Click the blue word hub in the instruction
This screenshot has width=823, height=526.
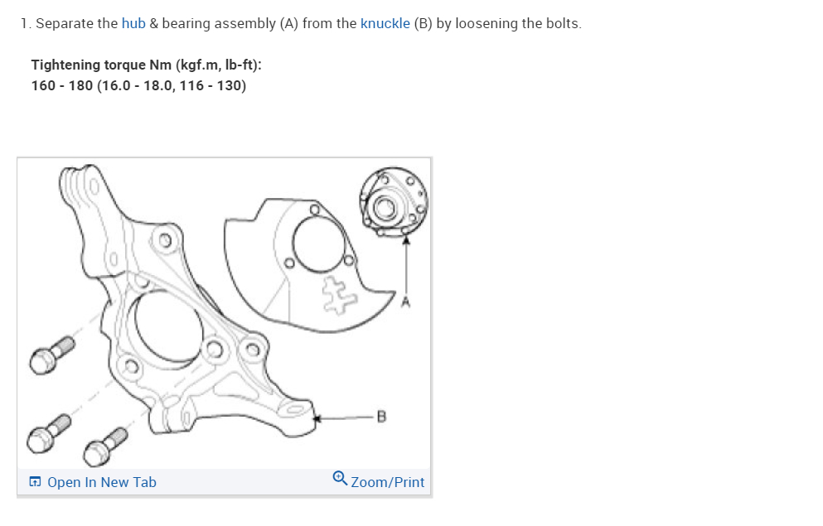(x=133, y=23)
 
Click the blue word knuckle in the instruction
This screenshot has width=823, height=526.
(x=385, y=23)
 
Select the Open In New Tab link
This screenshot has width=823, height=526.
(x=102, y=482)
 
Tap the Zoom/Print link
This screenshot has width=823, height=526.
(x=387, y=482)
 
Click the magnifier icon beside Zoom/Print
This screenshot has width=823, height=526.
(x=340, y=479)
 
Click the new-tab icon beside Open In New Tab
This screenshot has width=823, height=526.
(x=35, y=482)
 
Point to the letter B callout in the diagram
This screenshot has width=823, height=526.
(x=381, y=416)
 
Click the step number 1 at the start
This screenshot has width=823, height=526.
(x=25, y=23)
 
